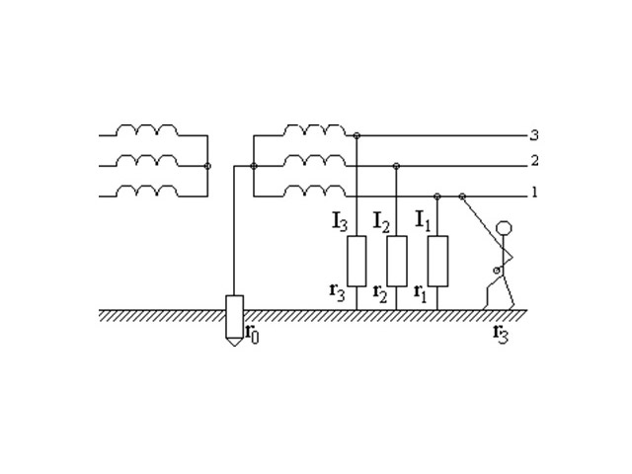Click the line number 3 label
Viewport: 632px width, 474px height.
534,135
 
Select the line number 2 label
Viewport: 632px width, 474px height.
534,161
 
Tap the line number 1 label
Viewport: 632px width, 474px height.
535,193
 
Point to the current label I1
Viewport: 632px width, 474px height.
423,221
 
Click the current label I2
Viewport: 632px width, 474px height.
382,222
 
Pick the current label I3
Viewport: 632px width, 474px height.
340,222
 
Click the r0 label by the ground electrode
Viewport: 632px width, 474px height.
253,334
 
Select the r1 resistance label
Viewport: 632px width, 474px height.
420,293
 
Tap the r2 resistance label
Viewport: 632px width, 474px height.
380,293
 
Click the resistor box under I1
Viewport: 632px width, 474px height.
437,261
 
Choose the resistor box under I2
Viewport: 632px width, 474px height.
397,261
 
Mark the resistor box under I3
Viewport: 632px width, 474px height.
356,261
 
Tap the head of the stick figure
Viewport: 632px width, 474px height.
505,228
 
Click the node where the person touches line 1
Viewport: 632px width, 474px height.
462,197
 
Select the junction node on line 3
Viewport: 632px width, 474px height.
356,135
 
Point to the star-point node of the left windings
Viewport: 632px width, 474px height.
207,166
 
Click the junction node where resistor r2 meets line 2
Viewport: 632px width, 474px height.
396,166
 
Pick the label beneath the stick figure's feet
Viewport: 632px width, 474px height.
501,334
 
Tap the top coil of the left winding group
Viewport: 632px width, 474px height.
147,129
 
